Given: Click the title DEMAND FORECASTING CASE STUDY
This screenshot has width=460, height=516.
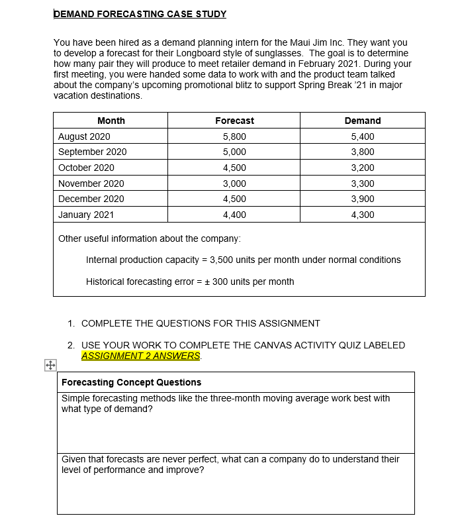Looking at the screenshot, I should (140, 14).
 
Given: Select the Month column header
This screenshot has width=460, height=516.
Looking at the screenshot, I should (111, 121).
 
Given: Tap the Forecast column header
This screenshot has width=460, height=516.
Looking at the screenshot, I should (234, 121).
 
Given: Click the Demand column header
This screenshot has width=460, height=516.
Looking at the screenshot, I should (362, 121).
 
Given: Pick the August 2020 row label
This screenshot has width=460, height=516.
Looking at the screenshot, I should (84, 136).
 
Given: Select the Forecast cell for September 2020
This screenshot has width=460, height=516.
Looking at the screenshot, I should (234, 152).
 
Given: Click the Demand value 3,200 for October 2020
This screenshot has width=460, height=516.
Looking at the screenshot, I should (362, 168).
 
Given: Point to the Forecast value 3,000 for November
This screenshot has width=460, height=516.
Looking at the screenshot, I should (234, 183).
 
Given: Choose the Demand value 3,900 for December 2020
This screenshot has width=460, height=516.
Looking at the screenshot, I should (362, 199).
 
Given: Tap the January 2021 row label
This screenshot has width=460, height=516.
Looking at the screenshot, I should (86, 215).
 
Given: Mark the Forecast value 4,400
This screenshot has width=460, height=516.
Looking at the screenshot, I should (234, 215).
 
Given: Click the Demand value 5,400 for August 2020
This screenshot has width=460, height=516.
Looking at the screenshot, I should (362, 136).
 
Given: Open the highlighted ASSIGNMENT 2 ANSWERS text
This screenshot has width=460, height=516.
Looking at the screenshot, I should (140, 356).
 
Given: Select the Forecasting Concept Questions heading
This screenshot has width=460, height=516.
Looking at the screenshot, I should (131, 382).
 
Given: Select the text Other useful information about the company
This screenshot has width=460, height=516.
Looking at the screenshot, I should (149, 238).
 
